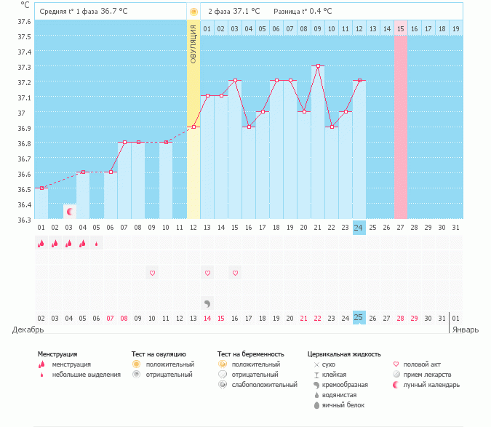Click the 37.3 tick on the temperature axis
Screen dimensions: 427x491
coord(24,67)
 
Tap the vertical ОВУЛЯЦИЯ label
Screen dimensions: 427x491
coord(193,44)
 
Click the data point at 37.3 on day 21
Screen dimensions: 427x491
coord(318,65)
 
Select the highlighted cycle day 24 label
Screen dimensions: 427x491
coord(359,227)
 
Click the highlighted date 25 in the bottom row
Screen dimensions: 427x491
coord(359,318)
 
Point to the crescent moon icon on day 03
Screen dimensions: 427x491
coord(70,212)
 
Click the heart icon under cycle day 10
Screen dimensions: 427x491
coord(152,273)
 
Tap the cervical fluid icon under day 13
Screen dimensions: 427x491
coord(207,303)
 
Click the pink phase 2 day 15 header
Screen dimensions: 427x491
coord(400,28)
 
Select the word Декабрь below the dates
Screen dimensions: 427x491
coord(27,330)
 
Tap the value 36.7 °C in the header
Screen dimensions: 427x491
coord(114,12)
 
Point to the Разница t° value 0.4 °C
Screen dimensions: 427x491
coord(317,12)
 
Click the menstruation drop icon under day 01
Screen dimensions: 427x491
coord(41,244)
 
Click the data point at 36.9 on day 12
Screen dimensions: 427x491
coord(193,127)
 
